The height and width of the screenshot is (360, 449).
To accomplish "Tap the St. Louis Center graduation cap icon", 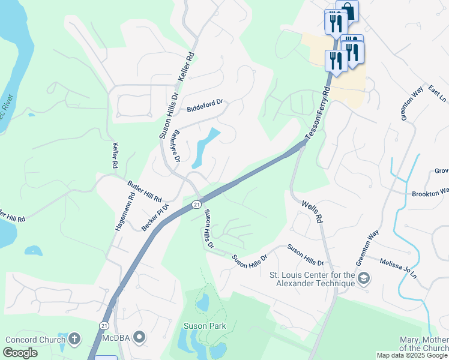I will point(364,278).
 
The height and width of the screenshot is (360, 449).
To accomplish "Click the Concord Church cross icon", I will point(74,339).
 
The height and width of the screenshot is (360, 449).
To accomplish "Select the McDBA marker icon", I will point(139,338).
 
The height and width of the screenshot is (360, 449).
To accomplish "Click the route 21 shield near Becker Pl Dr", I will point(196,205).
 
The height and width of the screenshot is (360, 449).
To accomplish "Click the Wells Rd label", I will point(312,211).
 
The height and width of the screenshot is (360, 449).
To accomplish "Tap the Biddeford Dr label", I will point(204,106).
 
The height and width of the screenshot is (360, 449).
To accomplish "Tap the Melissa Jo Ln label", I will point(398,268).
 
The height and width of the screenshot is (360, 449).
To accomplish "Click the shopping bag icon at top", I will point(347,10).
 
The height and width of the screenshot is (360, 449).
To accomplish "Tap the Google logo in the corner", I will point(20,353).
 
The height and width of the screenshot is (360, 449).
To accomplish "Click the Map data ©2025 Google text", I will point(412,355).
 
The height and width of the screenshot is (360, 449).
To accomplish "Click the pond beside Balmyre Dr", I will point(204,147).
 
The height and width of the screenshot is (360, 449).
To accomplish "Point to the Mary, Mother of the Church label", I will point(424,344).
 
